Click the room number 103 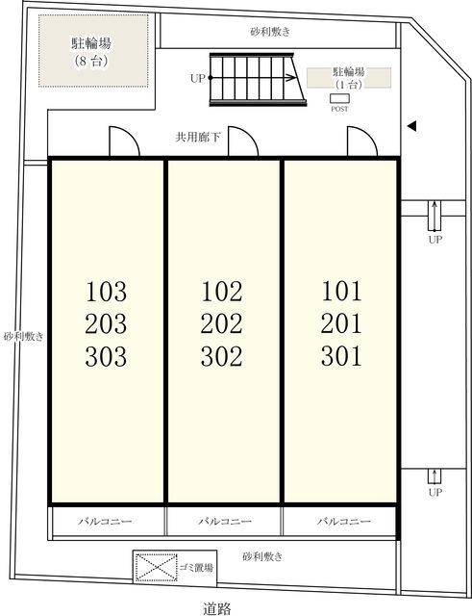coord(106,292)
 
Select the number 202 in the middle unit coord(222,323)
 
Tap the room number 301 coord(341,356)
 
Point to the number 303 coord(106,356)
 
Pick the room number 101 coord(341,291)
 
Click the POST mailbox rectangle coord(339,98)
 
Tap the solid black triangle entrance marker coord(411,126)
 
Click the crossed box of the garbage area coord(156,567)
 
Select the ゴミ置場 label coord(196,567)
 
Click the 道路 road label coord(217,608)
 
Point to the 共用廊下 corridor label coord(198,137)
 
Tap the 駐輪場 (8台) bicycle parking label coord(91,51)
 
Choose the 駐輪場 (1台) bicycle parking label coord(349,78)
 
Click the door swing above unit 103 coord(124,141)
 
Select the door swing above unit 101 coord(362,141)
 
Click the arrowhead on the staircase coord(291,78)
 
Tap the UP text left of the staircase coord(198,79)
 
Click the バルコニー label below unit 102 coord(225,522)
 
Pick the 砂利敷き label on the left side coord(23,336)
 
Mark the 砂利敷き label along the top coord(270,32)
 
